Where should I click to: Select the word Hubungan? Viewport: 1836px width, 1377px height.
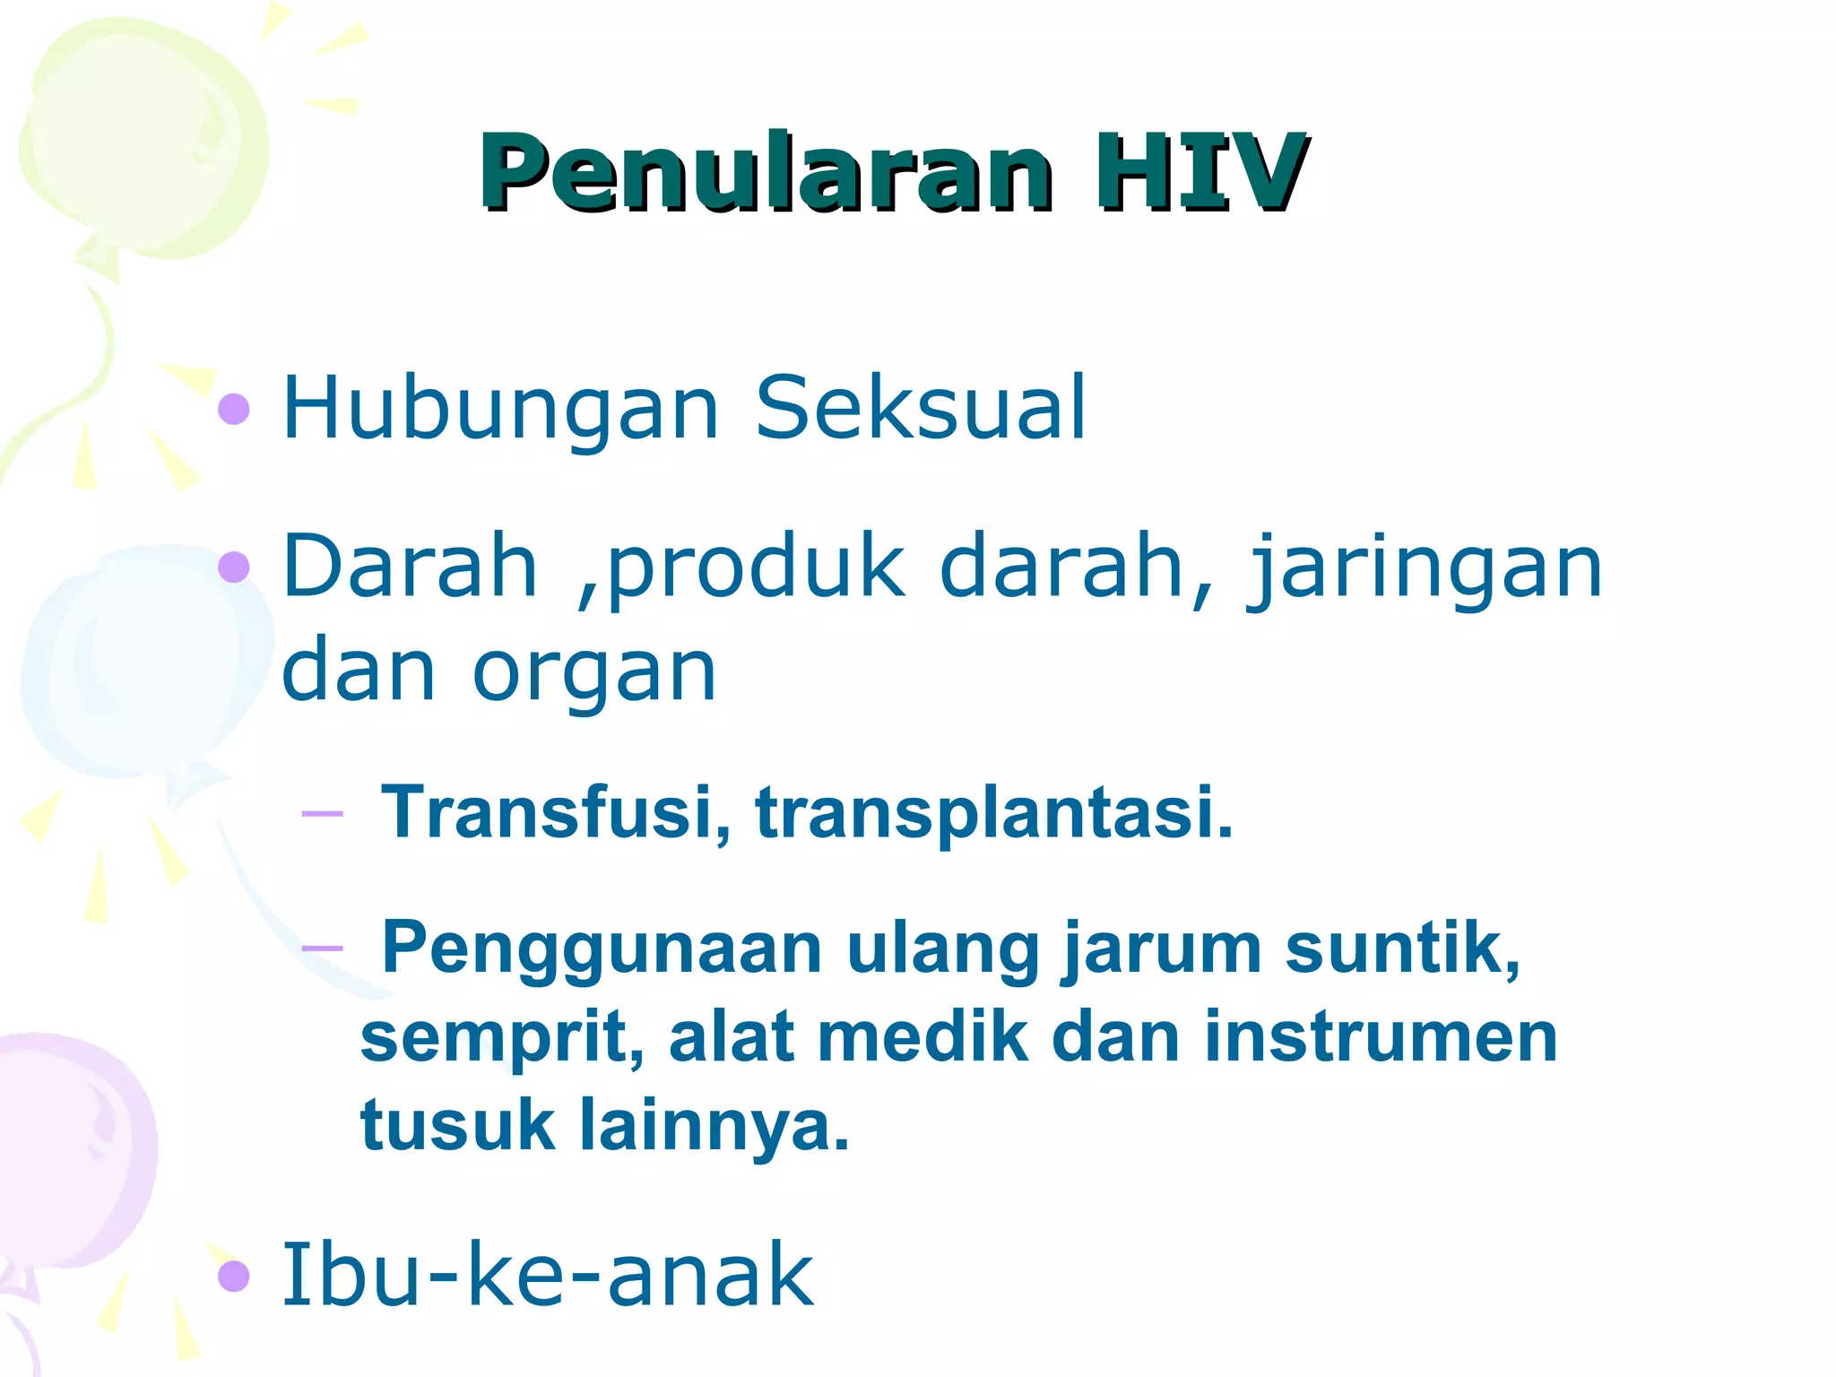[x=500, y=408]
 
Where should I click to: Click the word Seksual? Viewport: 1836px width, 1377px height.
[x=921, y=408]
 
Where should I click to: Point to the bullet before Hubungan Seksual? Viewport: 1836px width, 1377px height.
[x=234, y=409]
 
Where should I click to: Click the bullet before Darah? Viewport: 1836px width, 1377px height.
[x=234, y=567]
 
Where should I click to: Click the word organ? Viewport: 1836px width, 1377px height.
[x=593, y=672]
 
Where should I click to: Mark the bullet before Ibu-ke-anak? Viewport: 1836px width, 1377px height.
[x=234, y=1276]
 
